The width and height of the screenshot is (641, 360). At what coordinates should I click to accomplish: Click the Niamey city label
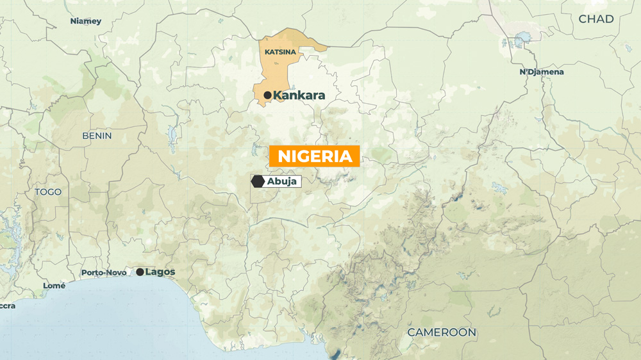pyautogui.click(x=86, y=21)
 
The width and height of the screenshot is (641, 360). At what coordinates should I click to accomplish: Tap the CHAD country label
pyautogui.click(x=595, y=19)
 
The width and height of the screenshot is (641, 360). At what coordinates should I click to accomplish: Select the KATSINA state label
pyautogui.click(x=280, y=52)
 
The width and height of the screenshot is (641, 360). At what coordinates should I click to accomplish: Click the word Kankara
pyautogui.click(x=299, y=95)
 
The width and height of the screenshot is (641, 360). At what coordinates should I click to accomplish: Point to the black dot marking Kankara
pyautogui.click(x=267, y=95)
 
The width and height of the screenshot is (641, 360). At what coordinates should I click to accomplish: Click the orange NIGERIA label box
pyautogui.click(x=314, y=156)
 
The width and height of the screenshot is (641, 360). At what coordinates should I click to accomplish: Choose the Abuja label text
pyautogui.click(x=282, y=181)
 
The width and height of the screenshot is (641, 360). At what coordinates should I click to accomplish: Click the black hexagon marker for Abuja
pyautogui.click(x=258, y=181)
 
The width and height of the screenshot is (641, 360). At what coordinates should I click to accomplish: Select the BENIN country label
pyautogui.click(x=97, y=136)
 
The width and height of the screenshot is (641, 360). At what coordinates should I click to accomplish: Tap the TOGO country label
pyautogui.click(x=48, y=192)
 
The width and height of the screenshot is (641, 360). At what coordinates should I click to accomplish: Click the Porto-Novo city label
pyautogui.click(x=104, y=273)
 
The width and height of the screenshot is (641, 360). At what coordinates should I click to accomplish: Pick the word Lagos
pyautogui.click(x=160, y=272)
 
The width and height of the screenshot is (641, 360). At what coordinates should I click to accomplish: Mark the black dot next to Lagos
pyautogui.click(x=140, y=272)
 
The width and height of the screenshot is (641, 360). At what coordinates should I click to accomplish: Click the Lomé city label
pyautogui.click(x=54, y=286)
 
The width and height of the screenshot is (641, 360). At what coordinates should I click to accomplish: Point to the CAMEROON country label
pyautogui.click(x=442, y=332)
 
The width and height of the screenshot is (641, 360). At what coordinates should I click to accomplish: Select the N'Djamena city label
pyautogui.click(x=542, y=72)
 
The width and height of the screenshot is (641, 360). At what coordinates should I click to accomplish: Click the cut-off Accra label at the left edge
pyautogui.click(x=6, y=306)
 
